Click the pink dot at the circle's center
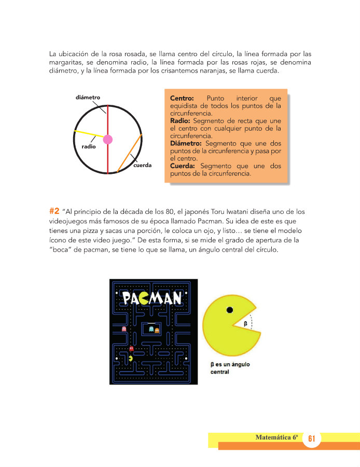108,139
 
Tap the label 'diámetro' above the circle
88,98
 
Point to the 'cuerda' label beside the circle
142,166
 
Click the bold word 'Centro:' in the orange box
182,98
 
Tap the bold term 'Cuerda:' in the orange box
183,166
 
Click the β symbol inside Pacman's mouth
245,323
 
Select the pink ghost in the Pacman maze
123,328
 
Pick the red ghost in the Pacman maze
131,349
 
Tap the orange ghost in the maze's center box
157,329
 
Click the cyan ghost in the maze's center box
151,329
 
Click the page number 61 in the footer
312,438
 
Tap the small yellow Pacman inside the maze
131,358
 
